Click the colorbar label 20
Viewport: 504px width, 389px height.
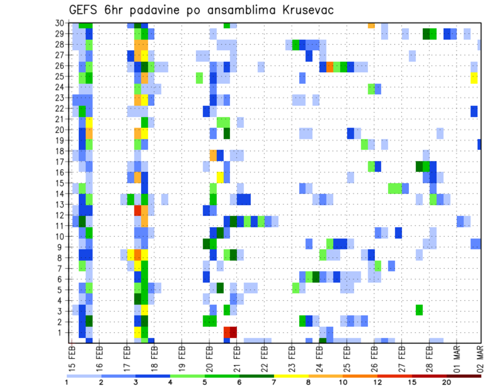coord(446,382)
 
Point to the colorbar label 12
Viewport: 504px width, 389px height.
coord(377,382)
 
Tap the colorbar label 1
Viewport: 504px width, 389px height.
coord(67,382)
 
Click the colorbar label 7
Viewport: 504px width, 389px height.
coord(274,382)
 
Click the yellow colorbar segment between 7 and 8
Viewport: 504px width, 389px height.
coord(291,376)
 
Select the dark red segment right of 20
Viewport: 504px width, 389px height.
coord(464,376)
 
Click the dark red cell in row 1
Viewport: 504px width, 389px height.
coord(230,332)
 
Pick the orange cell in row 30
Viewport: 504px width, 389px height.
coord(371,25)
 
